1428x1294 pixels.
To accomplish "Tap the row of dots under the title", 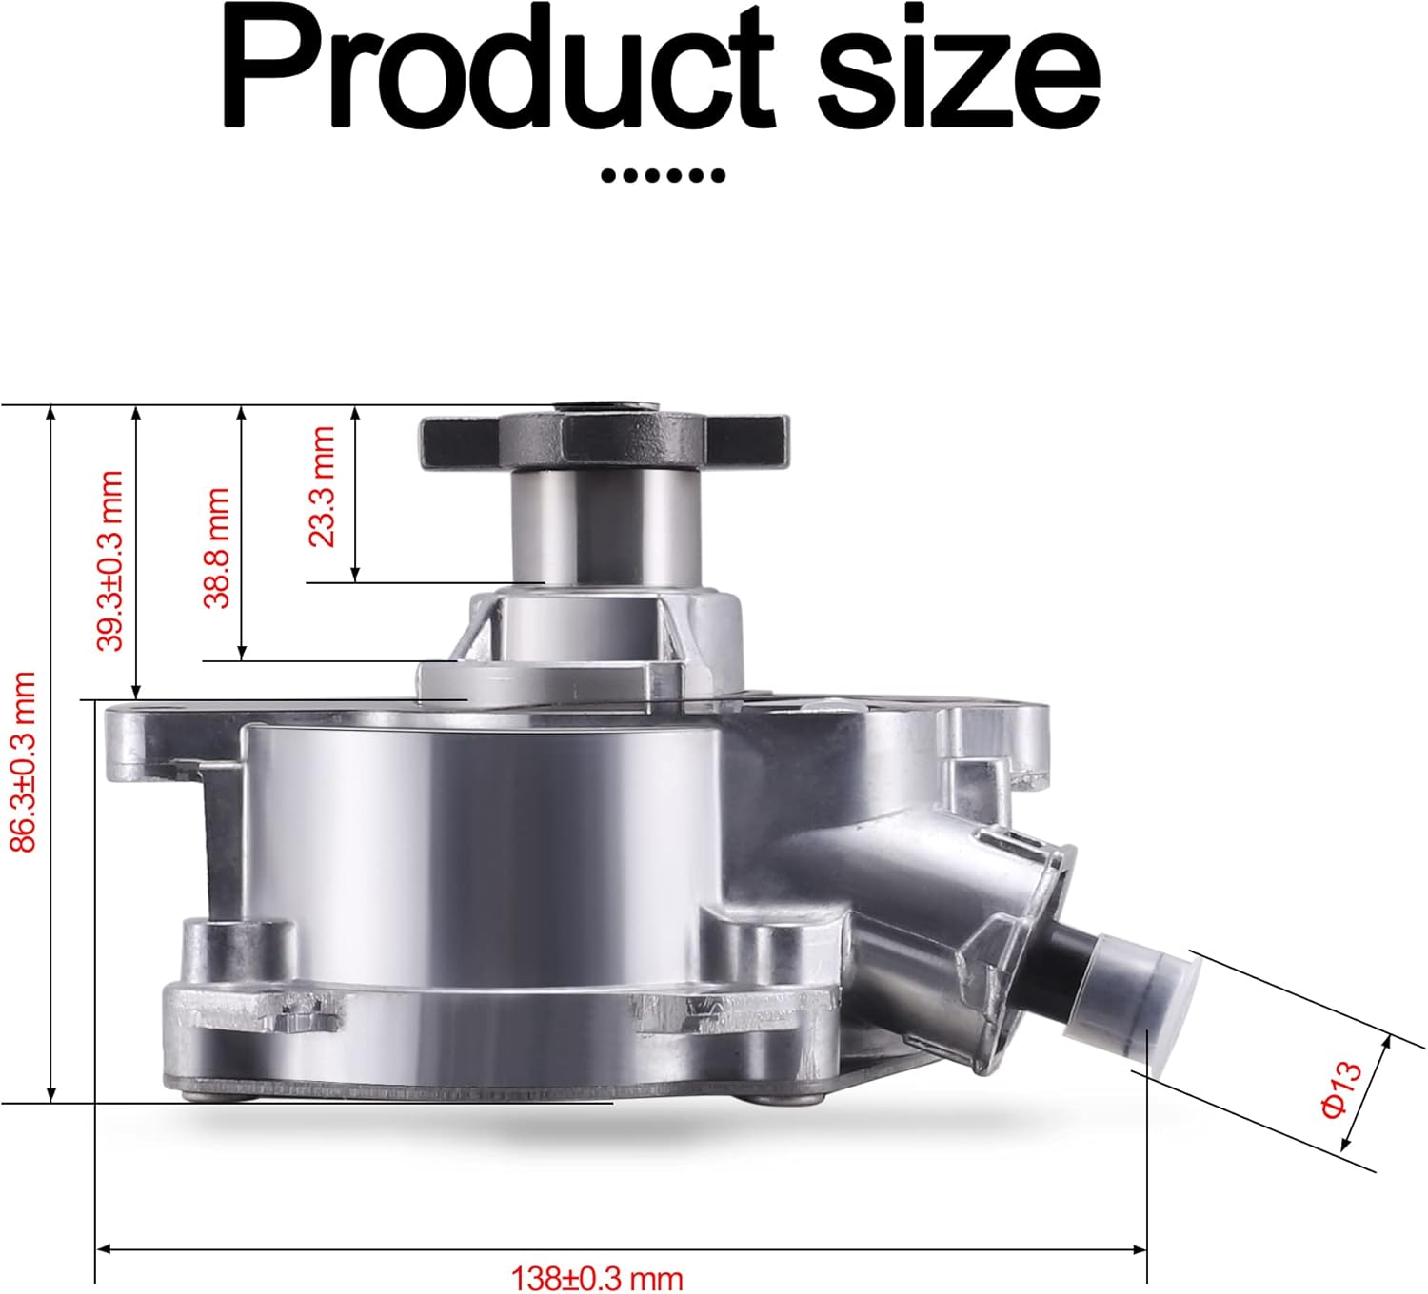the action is click(x=664, y=175).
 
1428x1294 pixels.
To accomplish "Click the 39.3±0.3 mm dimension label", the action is click(x=109, y=560).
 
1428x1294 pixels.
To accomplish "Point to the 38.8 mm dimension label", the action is click(x=217, y=548).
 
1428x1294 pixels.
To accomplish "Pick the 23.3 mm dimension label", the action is click(x=322, y=487).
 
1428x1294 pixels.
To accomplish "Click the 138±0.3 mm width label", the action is click(x=597, y=1279).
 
